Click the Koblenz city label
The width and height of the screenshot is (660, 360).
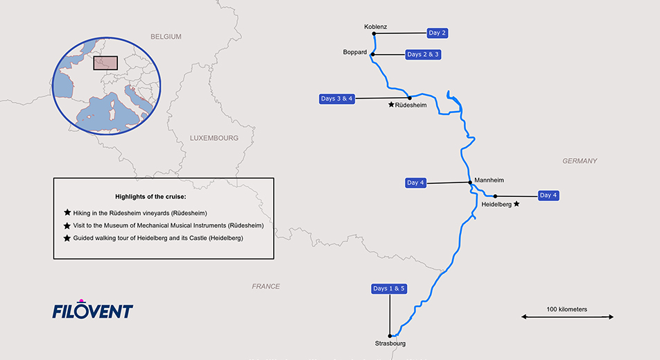(x=375, y=27)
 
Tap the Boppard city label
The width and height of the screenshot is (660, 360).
(x=354, y=52)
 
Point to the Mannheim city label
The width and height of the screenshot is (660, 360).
(x=488, y=180)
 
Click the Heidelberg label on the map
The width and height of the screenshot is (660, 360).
(x=496, y=205)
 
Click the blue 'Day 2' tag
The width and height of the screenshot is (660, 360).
(x=437, y=33)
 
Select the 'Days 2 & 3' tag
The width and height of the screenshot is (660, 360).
(x=423, y=54)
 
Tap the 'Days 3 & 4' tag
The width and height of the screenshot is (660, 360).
(x=337, y=98)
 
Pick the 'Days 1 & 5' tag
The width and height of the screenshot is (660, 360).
(x=389, y=289)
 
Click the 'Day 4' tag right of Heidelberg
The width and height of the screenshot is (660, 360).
(x=548, y=196)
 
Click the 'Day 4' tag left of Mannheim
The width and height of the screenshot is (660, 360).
(x=416, y=182)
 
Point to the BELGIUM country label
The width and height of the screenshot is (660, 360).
(x=166, y=37)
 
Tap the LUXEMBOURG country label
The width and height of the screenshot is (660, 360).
(x=214, y=138)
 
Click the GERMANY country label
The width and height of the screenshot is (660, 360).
(x=580, y=161)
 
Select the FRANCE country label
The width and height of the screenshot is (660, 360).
(x=266, y=286)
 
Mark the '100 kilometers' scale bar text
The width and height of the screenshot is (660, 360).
(x=567, y=309)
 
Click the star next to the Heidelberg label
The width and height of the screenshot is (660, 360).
(x=516, y=204)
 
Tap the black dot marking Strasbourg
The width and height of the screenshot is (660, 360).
(x=390, y=336)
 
